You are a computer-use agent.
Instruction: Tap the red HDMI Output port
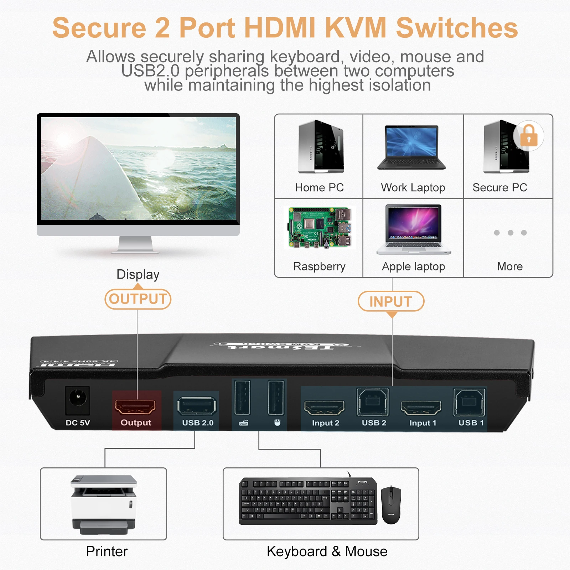pos(135,406)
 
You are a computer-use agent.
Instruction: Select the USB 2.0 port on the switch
pos(197,406)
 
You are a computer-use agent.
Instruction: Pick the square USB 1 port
pos(469,403)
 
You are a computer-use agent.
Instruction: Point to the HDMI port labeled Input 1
pos(421,408)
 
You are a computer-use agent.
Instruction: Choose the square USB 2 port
pos(373,402)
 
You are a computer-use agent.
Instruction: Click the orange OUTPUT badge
pos(138,299)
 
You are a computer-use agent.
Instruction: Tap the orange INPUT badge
pos(391,301)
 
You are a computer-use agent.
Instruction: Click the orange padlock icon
pos(529,136)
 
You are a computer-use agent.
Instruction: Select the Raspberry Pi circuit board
pos(320,228)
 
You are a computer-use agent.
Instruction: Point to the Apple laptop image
pos(414,229)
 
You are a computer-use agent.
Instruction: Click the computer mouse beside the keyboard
pos(391,505)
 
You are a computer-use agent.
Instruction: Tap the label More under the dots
pos(510,266)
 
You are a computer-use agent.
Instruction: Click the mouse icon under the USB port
pos(277,423)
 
